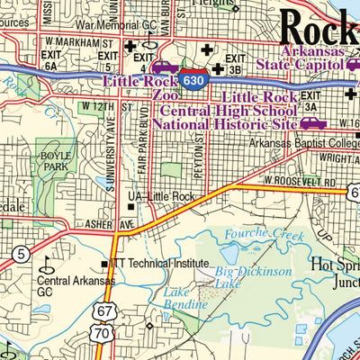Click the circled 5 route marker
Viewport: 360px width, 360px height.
point(20,253)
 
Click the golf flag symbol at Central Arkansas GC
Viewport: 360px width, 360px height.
point(47,263)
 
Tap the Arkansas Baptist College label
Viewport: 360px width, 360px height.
point(300,143)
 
